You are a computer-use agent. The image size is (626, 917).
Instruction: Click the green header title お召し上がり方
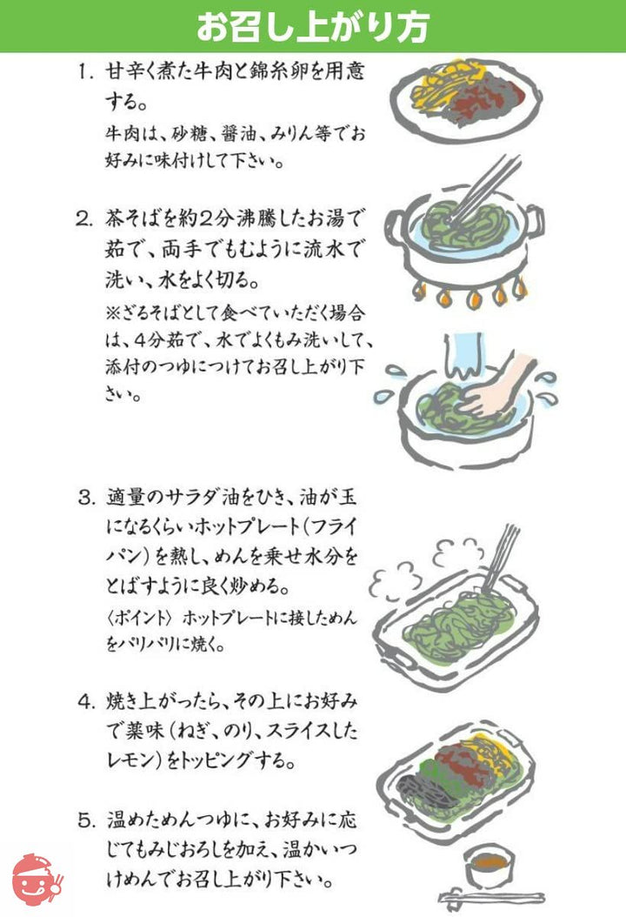tap(312, 26)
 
